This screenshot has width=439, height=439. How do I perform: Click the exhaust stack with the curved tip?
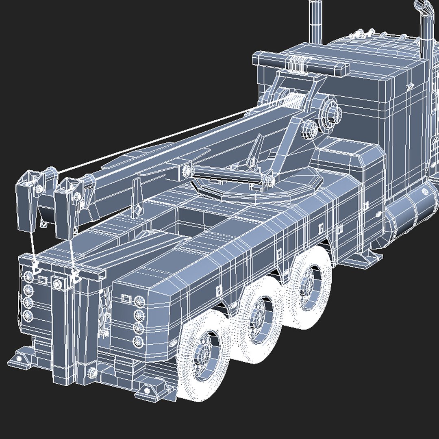coord(425,33)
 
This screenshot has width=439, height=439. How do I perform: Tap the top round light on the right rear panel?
coord(139,301)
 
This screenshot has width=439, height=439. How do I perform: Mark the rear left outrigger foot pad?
coord(20,358)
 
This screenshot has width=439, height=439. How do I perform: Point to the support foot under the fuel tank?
coord(368,259)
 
